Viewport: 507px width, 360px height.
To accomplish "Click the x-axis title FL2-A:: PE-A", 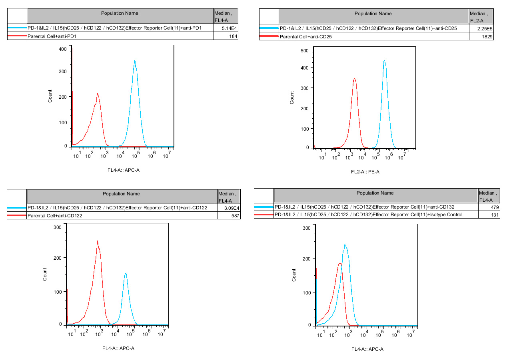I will (x=365, y=172).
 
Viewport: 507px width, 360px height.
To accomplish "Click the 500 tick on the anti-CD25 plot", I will (x=305, y=51).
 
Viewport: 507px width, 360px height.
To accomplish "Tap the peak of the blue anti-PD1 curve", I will (x=135, y=61).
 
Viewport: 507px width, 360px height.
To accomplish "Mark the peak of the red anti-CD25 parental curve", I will (x=354, y=79).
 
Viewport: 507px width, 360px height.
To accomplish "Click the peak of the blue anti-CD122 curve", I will (x=126, y=274).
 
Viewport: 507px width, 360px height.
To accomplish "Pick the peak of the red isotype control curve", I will (x=339, y=263).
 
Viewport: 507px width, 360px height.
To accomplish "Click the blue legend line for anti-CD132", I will (x=263, y=207).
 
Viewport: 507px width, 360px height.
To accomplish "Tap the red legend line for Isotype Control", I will (x=263, y=215).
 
